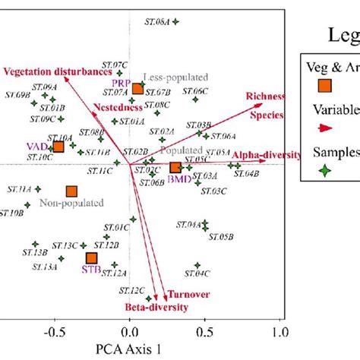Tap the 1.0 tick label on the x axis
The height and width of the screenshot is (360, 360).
coord(280,332)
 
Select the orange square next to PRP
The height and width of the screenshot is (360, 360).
coord(137,89)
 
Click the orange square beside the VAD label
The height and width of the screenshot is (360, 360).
coord(58,147)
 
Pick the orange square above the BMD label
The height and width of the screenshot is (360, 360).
coord(175,167)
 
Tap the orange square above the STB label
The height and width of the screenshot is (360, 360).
coord(92,259)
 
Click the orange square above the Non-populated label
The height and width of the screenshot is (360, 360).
coord(71,192)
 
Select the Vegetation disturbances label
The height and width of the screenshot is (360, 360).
coord(51,72)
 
